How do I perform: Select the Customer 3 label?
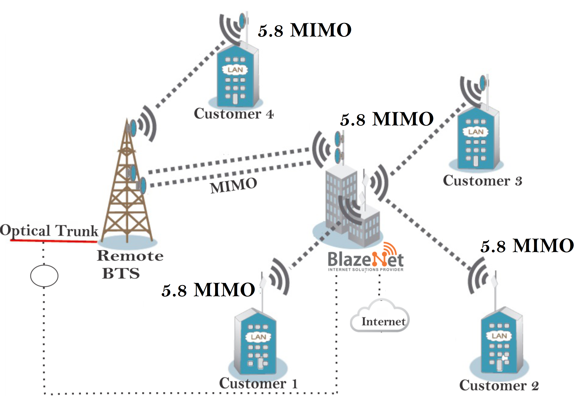pos(482,181)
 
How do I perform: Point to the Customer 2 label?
pos(499,385)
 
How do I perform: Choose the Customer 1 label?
pos(259,383)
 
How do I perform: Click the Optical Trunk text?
pos(49,230)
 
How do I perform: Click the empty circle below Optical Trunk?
pos(44,276)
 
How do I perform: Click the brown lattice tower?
pos(127,192)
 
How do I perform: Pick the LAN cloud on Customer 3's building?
pos(476,132)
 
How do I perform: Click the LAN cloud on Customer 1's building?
pos(258,337)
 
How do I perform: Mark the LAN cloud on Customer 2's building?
pos(499,336)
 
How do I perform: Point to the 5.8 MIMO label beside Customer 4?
pos(305,30)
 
